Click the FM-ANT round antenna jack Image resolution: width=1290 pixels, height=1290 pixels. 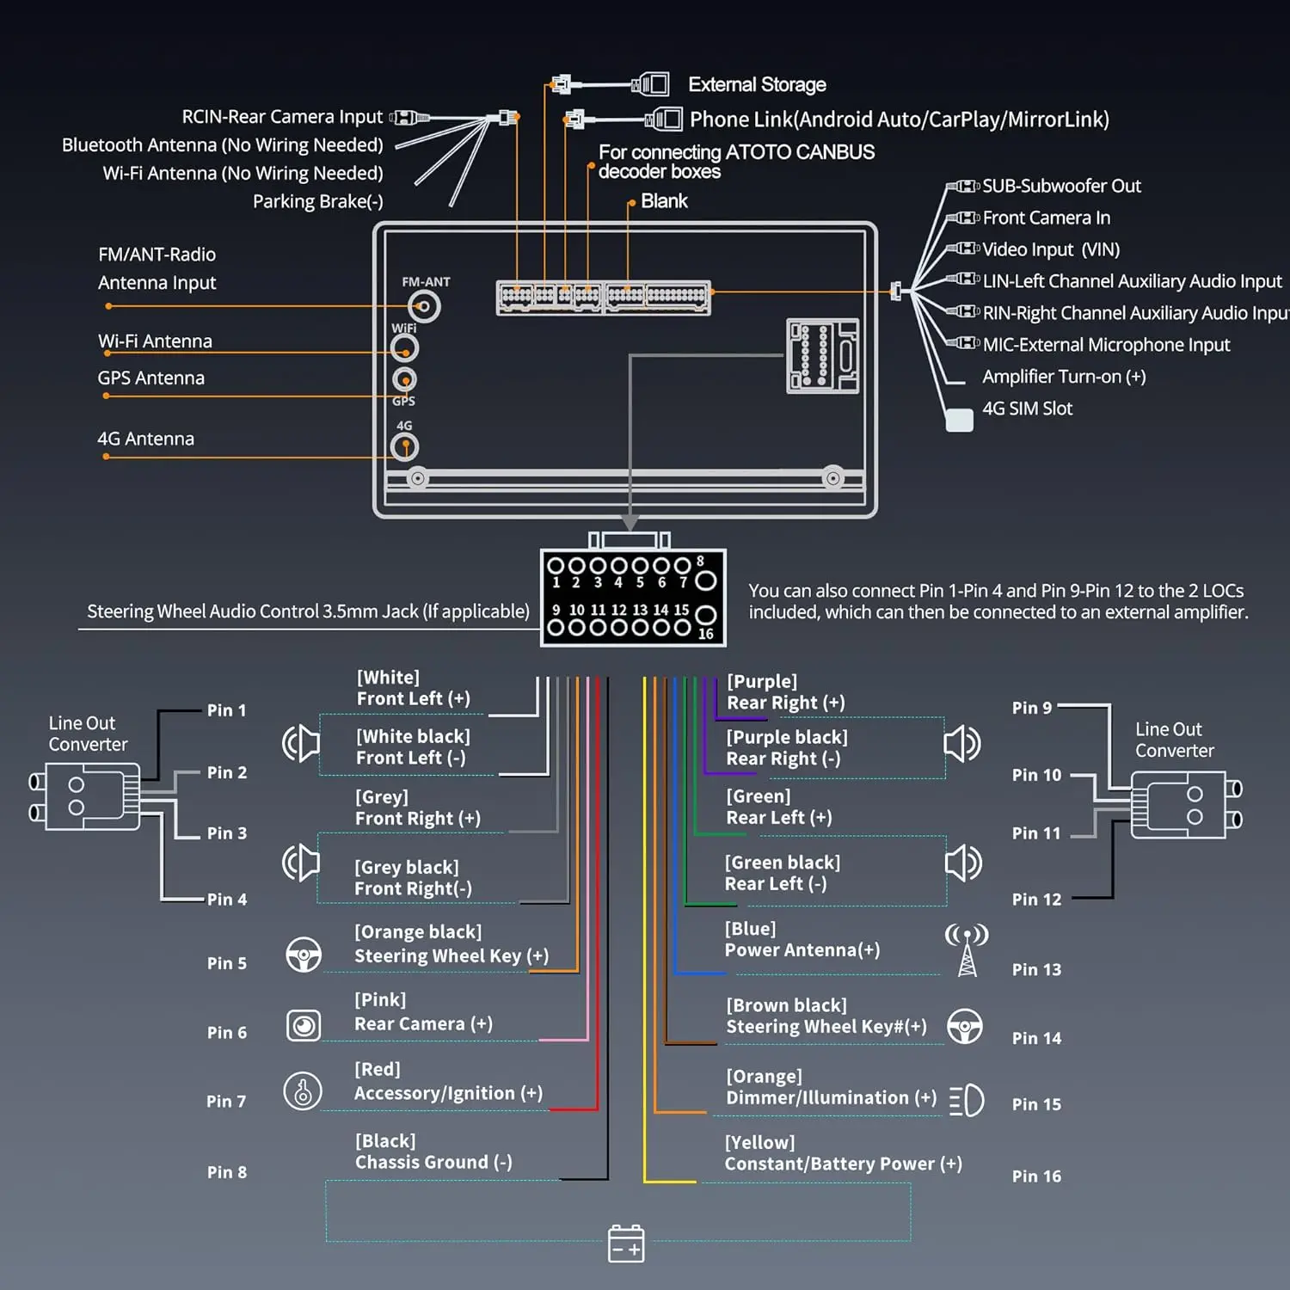423,306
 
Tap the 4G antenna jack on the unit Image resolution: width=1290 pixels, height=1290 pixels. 404,447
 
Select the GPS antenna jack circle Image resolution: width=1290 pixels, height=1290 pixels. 404,379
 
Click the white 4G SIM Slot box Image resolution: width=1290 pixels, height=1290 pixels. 959,420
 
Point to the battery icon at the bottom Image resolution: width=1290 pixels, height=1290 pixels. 626,1244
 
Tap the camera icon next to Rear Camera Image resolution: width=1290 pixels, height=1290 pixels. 304,1025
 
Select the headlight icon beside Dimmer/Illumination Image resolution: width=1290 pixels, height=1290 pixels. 967,1100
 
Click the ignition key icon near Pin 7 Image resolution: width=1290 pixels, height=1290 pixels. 303,1091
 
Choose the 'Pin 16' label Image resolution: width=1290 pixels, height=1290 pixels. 1036,1176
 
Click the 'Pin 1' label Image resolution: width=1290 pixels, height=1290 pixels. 226,710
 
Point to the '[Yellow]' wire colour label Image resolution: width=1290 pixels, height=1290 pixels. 760,1143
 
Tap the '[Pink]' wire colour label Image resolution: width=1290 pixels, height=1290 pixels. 380,1000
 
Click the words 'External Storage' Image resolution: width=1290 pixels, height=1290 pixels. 757,84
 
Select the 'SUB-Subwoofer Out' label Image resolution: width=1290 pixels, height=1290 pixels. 1061,186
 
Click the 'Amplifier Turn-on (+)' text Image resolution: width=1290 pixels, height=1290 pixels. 1064,377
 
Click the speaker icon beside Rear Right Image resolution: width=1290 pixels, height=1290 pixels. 962,743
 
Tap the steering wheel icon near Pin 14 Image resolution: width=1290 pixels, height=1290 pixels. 965,1026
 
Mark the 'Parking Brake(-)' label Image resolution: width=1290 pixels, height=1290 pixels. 318,201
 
